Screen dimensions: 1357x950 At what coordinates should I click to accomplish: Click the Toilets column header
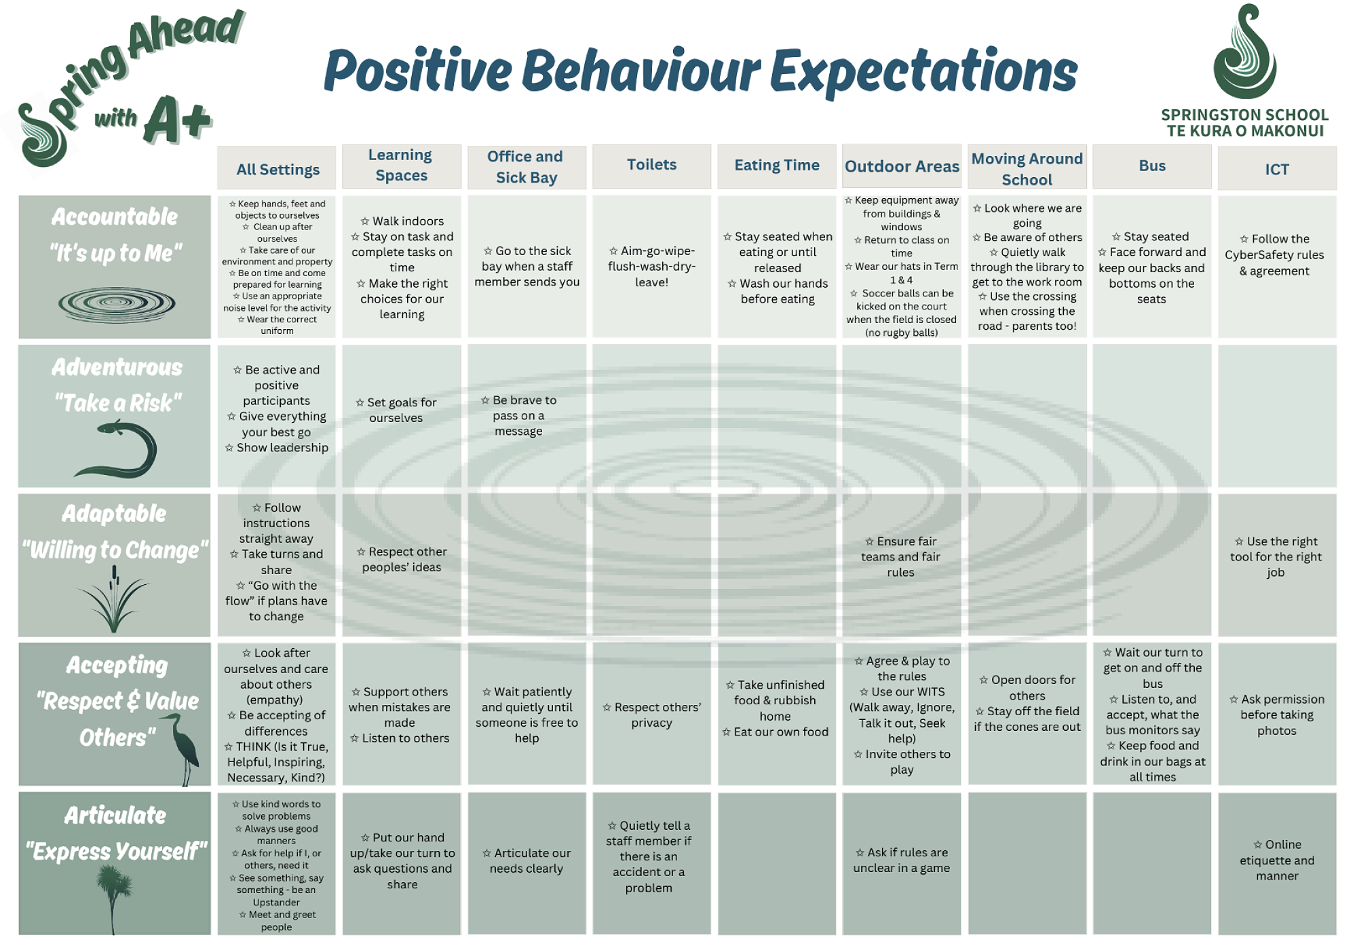pyautogui.click(x=651, y=166)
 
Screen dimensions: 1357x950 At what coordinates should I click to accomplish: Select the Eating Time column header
pyautogui.click(x=777, y=166)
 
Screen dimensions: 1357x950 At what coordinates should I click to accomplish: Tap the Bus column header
pyautogui.click(x=1152, y=166)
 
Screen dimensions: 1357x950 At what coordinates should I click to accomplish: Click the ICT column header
pyautogui.click(x=1277, y=169)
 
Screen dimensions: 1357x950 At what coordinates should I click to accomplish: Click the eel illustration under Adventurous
pyautogui.click(x=119, y=449)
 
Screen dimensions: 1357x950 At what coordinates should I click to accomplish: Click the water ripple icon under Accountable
pyautogui.click(x=117, y=303)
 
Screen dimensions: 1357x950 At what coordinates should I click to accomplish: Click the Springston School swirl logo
pyautogui.click(x=1244, y=52)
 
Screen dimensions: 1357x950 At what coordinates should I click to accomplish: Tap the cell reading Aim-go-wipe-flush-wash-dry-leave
pyautogui.click(x=651, y=267)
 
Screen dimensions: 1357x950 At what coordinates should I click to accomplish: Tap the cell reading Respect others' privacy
pyautogui.click(x=651, y=715)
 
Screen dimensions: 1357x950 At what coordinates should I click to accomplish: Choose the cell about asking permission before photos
pyautogui.click(x=1277, y=715)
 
